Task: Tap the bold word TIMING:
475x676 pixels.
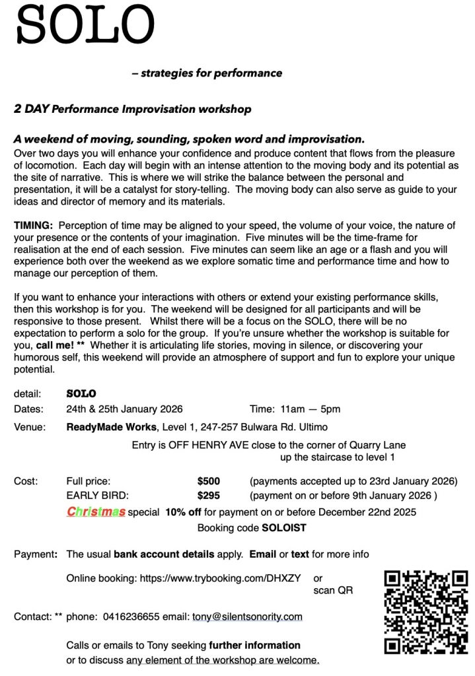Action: [x=33, y=226]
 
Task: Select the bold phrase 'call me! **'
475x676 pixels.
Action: [x=59, y=345]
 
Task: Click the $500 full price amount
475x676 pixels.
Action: [x=209, y=481]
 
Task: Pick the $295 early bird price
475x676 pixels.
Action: [x=209, y=495]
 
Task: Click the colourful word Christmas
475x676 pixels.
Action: [x=96, y=512]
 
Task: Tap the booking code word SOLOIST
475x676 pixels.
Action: [x=284, y=528]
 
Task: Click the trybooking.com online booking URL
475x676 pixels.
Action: [x=220, y=578]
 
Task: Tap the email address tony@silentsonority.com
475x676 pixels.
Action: [x=247, y=617]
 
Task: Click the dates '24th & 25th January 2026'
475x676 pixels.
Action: [x=125, y=409]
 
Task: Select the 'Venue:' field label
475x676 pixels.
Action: [x=30, y=426]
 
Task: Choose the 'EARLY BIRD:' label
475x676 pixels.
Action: [x=98, y=495]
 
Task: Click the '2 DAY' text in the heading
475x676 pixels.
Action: [x=31, y=109]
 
